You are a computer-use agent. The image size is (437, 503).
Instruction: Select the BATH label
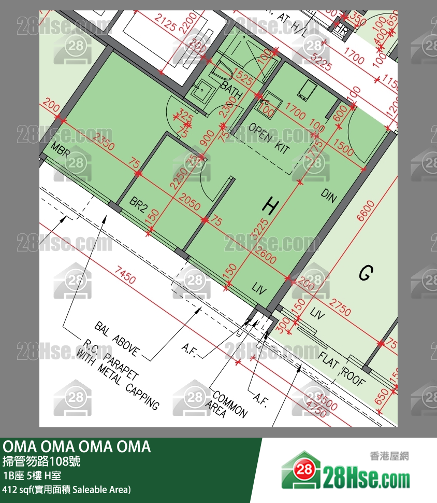point(231,89)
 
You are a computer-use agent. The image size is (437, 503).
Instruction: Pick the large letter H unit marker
point(269,206)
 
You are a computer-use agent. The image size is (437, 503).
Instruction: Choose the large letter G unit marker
point(366,273)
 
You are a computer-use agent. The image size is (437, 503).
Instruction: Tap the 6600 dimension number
point(365,210)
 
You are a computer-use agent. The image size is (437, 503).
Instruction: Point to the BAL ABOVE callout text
point(116,339)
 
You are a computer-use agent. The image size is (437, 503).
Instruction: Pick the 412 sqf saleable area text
point(67,489)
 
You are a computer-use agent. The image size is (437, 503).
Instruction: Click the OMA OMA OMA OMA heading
point(77,446)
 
